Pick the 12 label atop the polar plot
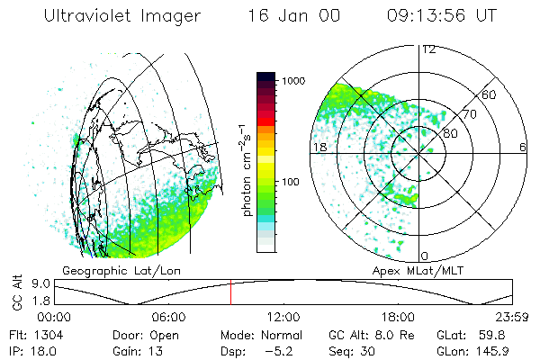[428, 49]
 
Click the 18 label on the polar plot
[319, 146]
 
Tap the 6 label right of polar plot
[523, 146]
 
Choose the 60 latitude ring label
[490, 94]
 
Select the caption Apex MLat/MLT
[425, 270]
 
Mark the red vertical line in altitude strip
[230, 292]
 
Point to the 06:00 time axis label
[168, 317]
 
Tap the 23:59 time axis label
[510, 317]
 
